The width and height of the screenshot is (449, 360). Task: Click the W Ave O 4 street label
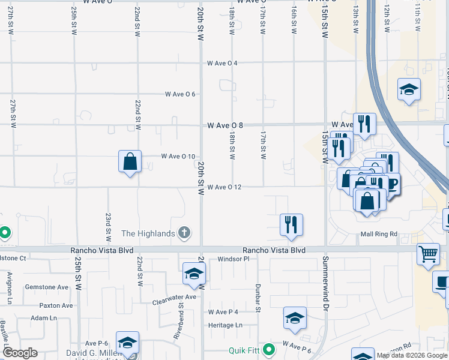click(223, 63)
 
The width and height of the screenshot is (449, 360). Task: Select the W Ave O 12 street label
click(224, 187)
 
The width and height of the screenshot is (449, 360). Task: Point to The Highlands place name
click(148, 233)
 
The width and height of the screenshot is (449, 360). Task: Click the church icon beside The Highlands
click(184, 233)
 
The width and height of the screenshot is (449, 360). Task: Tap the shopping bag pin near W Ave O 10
click(130, 161)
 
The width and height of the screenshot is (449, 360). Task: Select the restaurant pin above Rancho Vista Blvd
click(291, 225)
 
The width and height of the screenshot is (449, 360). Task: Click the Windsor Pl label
click(233, 259)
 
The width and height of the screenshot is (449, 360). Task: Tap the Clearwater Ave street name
click(174, 297)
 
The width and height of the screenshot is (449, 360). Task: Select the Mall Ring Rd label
click(379, 234)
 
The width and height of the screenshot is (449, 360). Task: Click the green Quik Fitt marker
click(270, 349)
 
